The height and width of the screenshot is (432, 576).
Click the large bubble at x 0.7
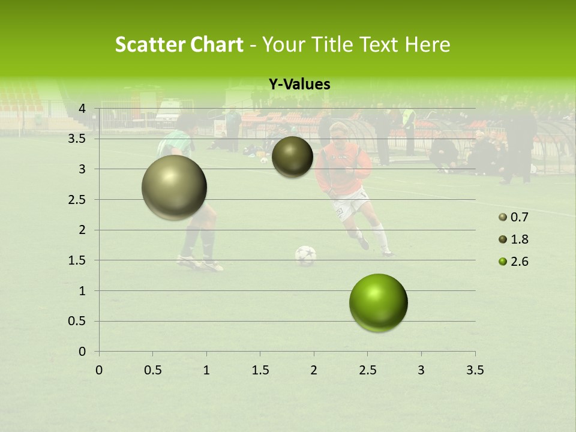tap(175, 187)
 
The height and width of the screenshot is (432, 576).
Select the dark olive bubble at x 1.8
tap(292, 157)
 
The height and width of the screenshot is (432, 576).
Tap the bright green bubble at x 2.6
tap(378, 302)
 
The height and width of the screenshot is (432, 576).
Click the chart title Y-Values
tap(299, 85)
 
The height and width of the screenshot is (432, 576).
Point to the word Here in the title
tap(427, 44)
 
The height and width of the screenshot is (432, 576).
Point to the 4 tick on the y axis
tap(82, 108)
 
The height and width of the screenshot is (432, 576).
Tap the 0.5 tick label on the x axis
tap(152, 370)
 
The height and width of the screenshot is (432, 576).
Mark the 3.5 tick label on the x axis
tap(475, 370)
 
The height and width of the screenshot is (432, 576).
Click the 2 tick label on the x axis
tap(314, 370)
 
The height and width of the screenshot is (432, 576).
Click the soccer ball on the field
tap(305, 255)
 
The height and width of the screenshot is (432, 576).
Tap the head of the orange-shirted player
tap(338, 133)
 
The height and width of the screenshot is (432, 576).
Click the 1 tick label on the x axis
tap(206, 370)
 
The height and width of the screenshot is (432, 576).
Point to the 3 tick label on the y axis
tap(82, 169)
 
